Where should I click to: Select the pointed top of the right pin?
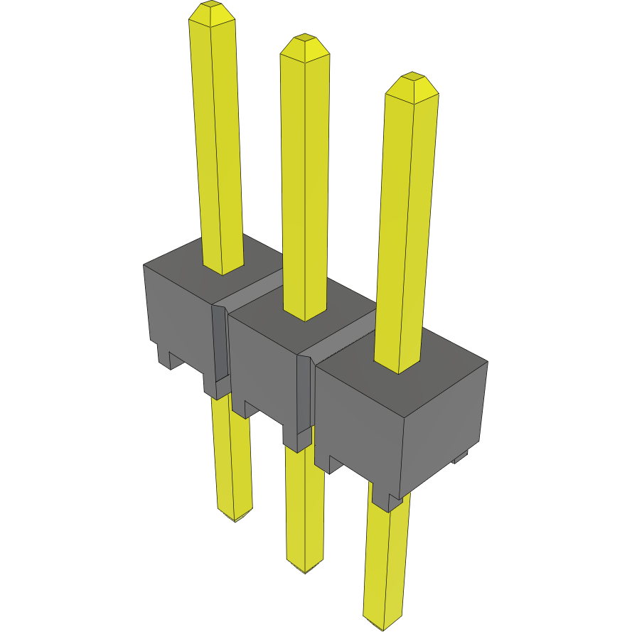click(412, 80)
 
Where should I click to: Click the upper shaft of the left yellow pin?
click(216, 142)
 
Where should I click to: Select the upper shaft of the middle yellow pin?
click(306, 178)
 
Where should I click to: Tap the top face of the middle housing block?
click(270, 313)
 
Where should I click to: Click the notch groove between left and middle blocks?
click(220, 341)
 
